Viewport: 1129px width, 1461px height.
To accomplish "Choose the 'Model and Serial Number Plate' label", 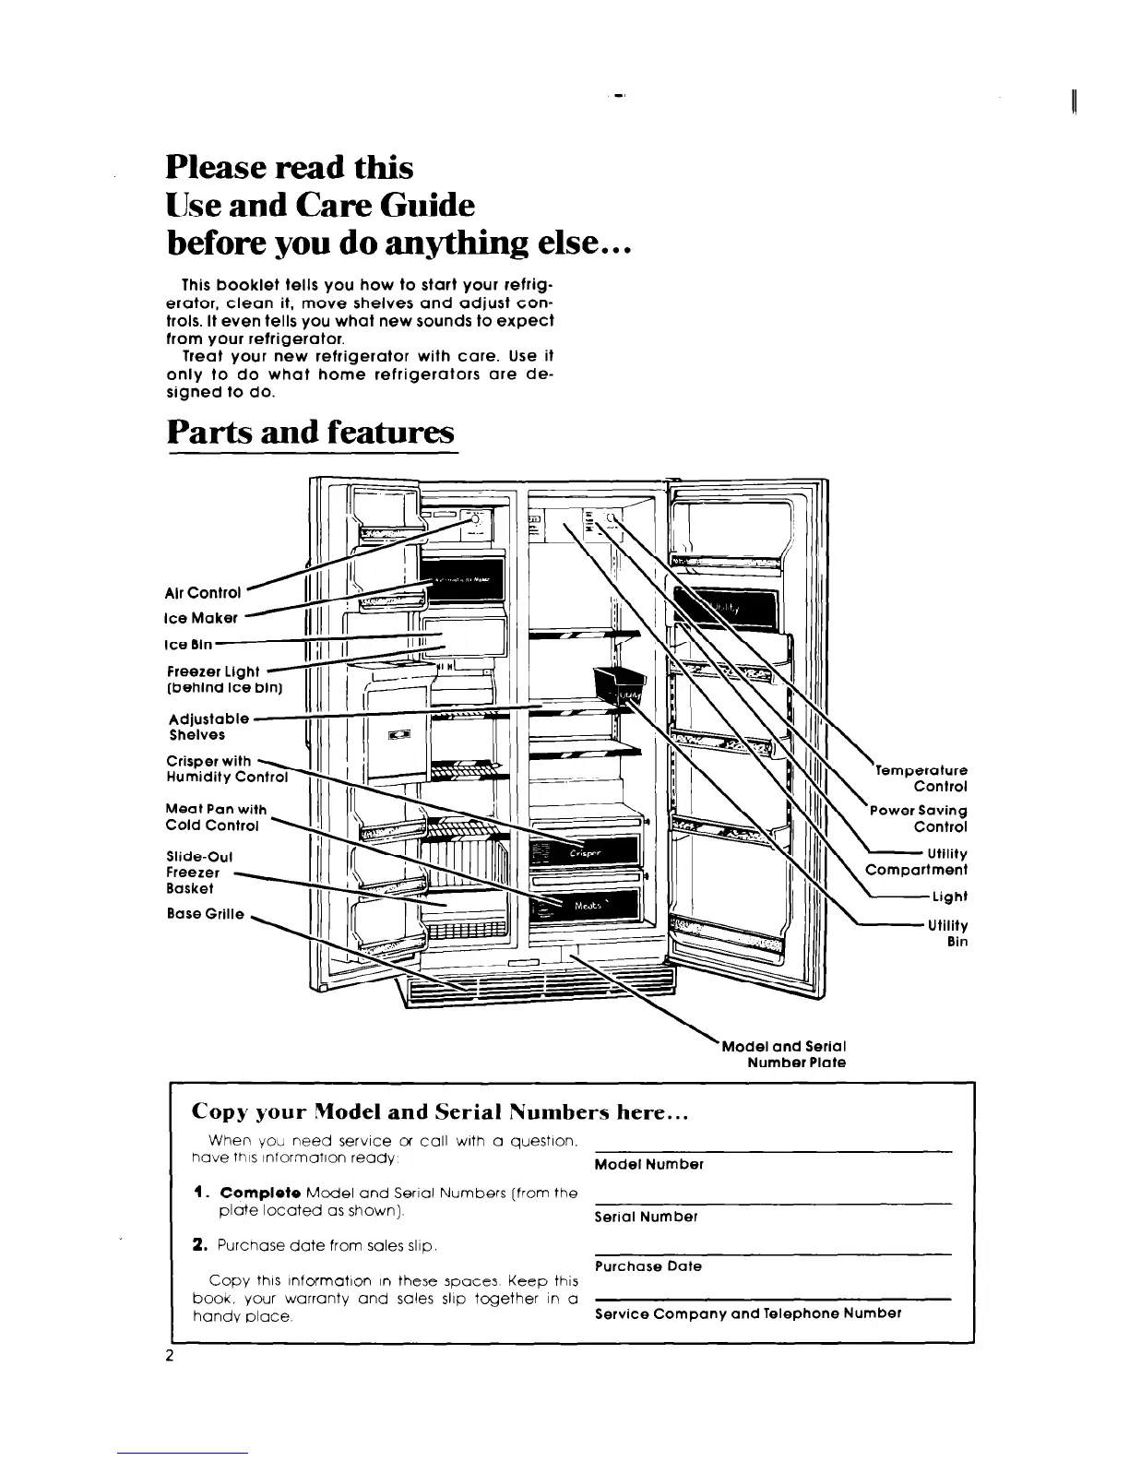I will click(784, 1054).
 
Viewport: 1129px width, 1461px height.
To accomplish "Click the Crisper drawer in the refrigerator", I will click(586, 853).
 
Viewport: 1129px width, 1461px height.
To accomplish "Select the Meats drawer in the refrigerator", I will click(587, 906).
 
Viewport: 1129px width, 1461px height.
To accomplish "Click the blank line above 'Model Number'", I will click(772, 1149).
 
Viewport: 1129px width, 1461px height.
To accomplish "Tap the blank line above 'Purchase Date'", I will click(772, 1252).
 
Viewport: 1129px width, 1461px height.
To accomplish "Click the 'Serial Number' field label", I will click(646, 1217).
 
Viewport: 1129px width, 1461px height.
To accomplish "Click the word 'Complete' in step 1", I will click(249, 1194).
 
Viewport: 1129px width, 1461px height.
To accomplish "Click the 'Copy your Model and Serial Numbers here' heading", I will click(440, 1112).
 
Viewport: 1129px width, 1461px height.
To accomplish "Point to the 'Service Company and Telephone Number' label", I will click(748, 1313).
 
